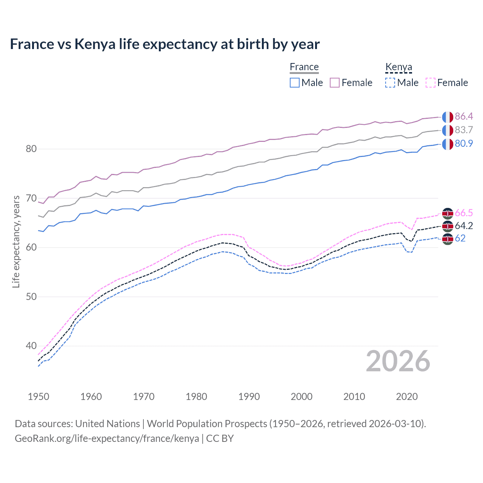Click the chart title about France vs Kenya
[x=165, y=44]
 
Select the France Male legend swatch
[x=295, y=83]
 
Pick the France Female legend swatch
[x=335, y=83]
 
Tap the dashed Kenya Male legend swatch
[x=390, y=83]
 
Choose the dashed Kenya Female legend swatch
[x=431, y=83]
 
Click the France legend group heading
[x=304, y=67]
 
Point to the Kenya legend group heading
[x=398, y=67]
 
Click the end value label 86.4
[x=464, y=116]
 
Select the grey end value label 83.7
[x=464, y=130]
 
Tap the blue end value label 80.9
[x=464, y=143]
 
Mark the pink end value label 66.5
[x=464, y=213]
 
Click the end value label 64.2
[x=464, y=226]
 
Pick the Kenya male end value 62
[x=460, y=238]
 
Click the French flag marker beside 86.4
[x=448, y=117]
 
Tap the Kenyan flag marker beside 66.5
[x=448, y=214]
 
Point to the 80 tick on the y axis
[x=31, y=149]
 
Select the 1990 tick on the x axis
[x=249, y=397]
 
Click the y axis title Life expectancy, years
[x=16, y=241]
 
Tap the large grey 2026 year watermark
[x=398, y=361]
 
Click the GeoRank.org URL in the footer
[x=107, y=438]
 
